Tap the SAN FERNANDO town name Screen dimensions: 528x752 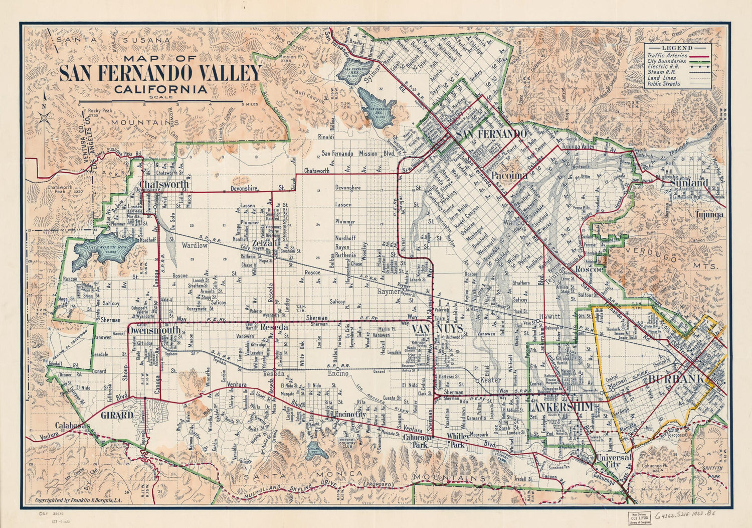[x=491, y=135]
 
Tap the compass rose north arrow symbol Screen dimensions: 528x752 [x=44, y=117]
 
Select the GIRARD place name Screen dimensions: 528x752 [x=117, y=416]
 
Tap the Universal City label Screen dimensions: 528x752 [x=614, y=461]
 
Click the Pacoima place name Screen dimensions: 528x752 [x=509, y=176]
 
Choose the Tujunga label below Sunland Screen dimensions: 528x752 [x=709, y=215]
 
